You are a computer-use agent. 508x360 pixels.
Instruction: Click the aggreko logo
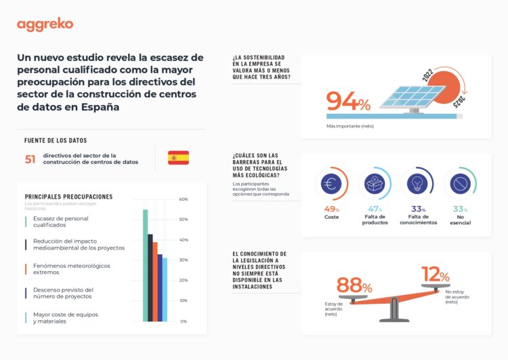coord(45,25)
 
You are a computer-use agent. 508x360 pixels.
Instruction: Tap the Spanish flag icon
coord(179,158)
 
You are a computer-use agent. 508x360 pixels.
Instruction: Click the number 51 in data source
coord(30,159)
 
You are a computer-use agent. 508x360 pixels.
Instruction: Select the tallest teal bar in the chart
coord(145,265)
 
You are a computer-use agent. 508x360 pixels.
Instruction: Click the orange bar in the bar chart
coord(155,281)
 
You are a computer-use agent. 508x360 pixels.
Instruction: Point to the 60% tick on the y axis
coord(184,199)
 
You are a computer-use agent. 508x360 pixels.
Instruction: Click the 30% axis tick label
coord(184,260)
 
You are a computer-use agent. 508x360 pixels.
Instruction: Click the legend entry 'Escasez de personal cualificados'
coord(60,222)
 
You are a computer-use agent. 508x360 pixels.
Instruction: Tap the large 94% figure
coord(348,102)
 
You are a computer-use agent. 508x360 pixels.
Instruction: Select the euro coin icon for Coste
coord(332,183)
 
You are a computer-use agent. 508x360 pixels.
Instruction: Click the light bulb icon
coord(417,183)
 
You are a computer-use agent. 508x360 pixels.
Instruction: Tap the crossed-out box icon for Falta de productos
coord(374,183)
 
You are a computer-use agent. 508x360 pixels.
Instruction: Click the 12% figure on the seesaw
coord(435,275)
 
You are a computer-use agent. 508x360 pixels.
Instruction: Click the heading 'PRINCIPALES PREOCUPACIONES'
coord(68,197)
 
